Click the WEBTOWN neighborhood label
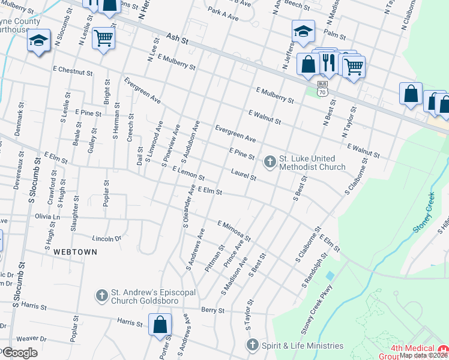tap(74, 252)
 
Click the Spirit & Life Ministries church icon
tap(252, 345)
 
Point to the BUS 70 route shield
tap(323, 89)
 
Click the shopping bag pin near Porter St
tap(160, 325)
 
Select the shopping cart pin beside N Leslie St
tap(104, 38)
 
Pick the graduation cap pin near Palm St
tap(304, 31)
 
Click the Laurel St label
tap(244, 175)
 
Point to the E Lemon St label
tap(188, 175)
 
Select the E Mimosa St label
tap(234, 230)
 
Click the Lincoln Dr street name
tap(106, 239)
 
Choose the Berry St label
tap(212, 310)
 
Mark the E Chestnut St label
tap(73, 72)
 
